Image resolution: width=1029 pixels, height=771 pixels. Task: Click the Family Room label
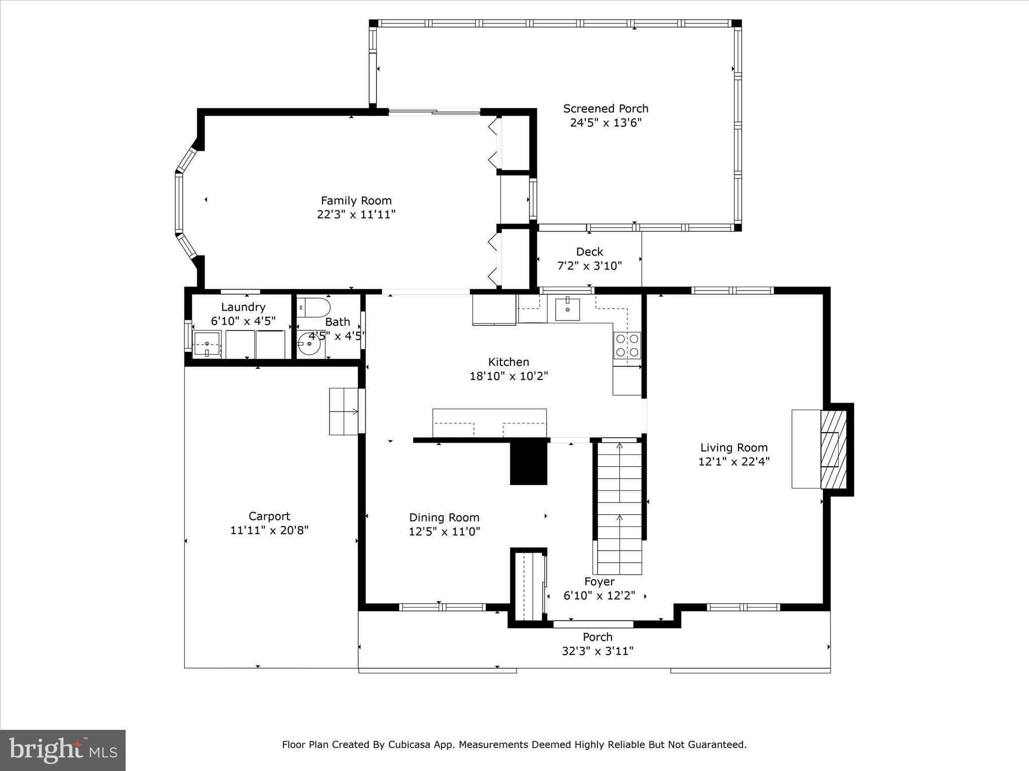(x=356, y=201)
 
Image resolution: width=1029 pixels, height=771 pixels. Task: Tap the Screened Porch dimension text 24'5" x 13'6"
(x=606, y=122)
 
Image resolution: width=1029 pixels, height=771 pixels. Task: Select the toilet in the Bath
(x=314, y=307)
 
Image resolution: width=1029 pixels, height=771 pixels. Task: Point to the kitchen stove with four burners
(x=627, y=345)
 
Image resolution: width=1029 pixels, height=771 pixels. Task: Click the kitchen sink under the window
(x=567, y=309)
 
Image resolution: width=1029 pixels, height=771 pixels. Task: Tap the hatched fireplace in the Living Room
(x=834, y=449)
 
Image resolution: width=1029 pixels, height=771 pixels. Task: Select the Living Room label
(x=734, y=448)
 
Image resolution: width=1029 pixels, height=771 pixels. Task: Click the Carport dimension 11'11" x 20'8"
(x=269, y=530)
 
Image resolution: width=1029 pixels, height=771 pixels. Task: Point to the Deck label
(x=589, y=251)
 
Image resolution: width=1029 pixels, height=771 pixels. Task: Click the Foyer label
(x=599, y=582)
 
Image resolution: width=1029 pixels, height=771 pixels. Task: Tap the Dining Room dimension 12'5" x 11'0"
(x=445, y=531)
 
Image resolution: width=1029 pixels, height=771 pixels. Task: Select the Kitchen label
(x=508, y=362)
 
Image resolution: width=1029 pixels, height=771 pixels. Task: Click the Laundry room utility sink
(x=207, y=344)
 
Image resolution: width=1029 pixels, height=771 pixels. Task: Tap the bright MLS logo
(x=63, y=750)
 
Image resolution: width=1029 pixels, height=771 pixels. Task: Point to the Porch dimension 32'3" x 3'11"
(x=597, y=651)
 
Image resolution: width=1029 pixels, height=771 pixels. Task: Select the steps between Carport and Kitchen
(x=344, y=411)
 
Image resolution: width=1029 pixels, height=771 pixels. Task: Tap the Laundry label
(x=243, y=307)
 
